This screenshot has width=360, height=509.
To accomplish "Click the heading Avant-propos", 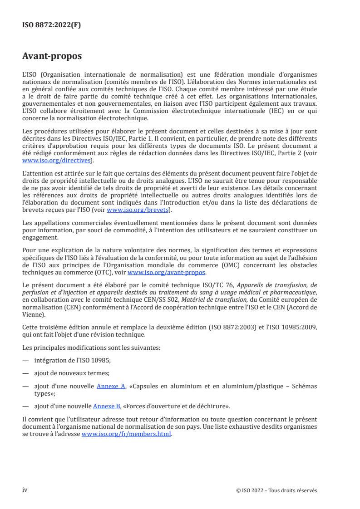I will pyautogui.click(x=52, y=57).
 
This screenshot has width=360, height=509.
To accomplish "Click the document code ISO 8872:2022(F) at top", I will pyautogui.click(x=52, y=25).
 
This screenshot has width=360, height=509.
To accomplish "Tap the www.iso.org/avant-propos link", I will pyautogui.click(x=167, y=272).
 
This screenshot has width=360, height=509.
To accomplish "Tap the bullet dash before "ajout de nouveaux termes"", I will pyautogui.click(x=25, y=372).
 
